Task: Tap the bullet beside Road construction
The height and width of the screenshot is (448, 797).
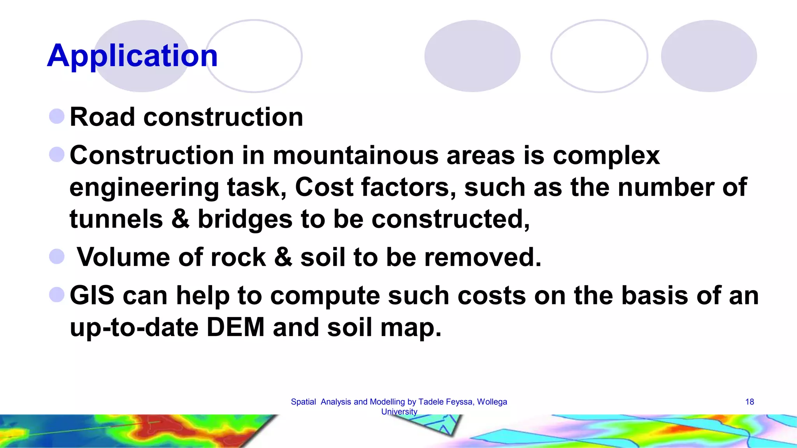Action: (x=57, y=116)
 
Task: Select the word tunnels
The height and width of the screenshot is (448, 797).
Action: (x=116, y=219)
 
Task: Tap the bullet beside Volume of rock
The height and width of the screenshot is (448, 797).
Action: (x=57, y=257)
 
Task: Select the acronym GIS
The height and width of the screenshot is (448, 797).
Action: (x=92, y=295)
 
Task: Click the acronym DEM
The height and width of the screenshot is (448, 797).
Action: (x=235, y=327)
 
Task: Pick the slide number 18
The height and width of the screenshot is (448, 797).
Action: (x=750, y=402)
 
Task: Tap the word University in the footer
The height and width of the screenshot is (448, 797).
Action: (x=399, y=411)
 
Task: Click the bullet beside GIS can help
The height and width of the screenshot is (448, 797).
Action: (x=57, y=295)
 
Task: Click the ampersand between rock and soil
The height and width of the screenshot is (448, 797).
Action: (x=283, y=257)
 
